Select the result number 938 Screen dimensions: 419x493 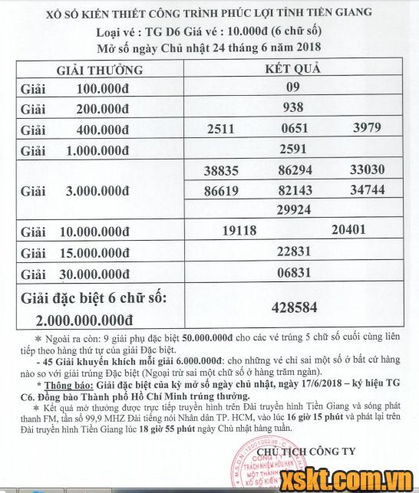(292, 108)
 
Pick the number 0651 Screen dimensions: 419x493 (292, 129)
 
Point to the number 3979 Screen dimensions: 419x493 (367, 128)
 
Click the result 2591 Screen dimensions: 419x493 (292, 149)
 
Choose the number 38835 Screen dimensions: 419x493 (220, 170)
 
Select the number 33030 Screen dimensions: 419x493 (367, 169)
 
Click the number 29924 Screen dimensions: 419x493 (292, 209)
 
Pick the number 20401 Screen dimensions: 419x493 (348, 229)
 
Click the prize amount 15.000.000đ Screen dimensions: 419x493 (107, 252)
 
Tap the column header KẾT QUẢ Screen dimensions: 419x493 (292, 68)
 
